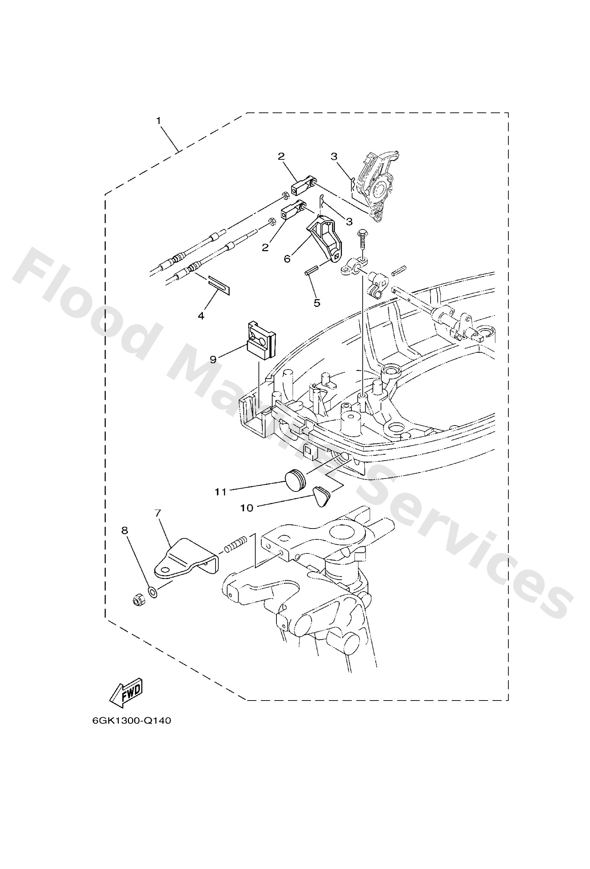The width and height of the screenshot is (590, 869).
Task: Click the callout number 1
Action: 159,121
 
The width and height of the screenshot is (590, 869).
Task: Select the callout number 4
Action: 201,316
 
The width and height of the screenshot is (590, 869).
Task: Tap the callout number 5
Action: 317,303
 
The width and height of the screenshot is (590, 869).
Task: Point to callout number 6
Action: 287,259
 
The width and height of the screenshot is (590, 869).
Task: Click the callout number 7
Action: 158,513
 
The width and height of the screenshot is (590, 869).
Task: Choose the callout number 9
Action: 213,360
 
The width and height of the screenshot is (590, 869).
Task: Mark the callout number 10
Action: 247,508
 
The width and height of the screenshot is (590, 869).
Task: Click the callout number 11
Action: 220,492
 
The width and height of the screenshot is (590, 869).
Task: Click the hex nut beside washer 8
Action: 139,600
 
